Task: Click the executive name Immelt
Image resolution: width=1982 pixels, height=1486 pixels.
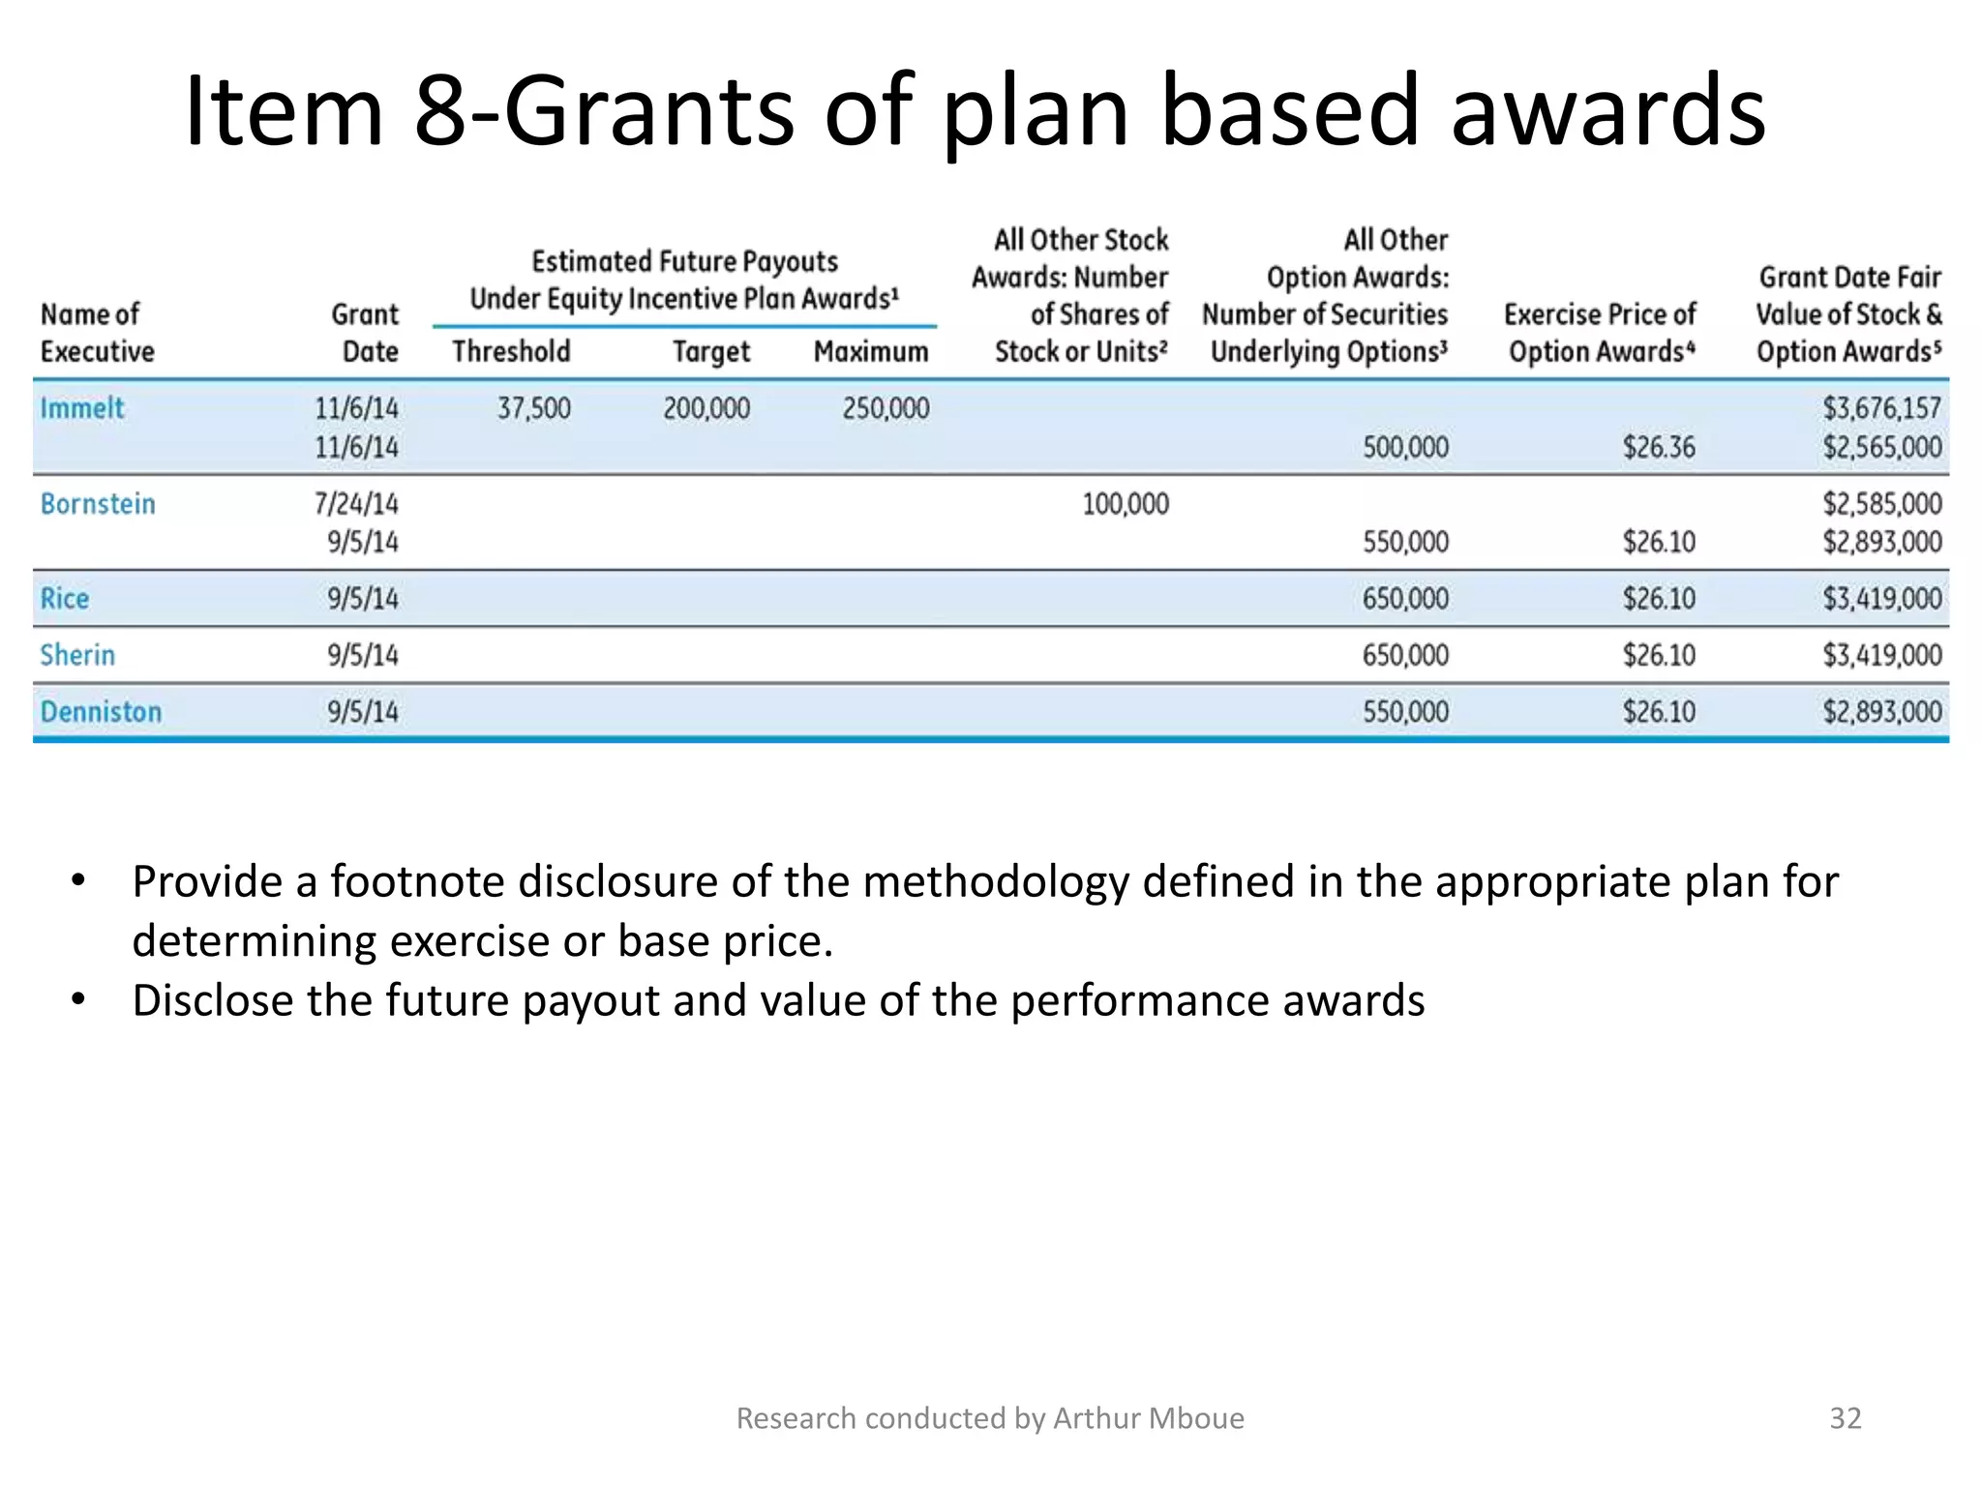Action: [82, 408]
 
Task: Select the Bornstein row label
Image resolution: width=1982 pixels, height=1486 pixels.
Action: [98, 504]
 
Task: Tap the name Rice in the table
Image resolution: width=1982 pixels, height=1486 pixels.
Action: [65, 599]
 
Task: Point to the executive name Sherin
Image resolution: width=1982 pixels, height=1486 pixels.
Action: [77, 655]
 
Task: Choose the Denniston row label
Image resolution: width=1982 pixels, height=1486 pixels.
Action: [101, 712]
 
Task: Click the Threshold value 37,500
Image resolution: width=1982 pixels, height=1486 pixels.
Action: [534, 408]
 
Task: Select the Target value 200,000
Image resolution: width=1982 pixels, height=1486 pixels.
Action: [706, 408]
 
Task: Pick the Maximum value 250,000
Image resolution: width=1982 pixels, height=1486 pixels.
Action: [886, 408]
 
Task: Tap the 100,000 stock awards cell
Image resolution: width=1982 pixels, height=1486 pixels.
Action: [1126, 504]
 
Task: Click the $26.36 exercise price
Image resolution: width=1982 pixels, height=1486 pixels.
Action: [1659, 448]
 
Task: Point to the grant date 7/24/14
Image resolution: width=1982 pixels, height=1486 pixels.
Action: [356, 504]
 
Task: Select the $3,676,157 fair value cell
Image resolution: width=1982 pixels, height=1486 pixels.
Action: [1882, 408]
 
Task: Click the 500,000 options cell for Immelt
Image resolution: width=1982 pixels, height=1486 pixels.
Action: [1405, 448]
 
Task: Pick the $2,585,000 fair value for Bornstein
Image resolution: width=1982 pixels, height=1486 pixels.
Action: [1882, 504]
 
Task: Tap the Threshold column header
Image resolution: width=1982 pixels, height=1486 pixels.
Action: [511, 351]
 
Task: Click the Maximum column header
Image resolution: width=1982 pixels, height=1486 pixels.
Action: [871, 351]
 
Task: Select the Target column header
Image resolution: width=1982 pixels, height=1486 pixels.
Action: [711, 351]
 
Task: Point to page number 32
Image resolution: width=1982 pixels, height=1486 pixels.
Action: [1846, 1418]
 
